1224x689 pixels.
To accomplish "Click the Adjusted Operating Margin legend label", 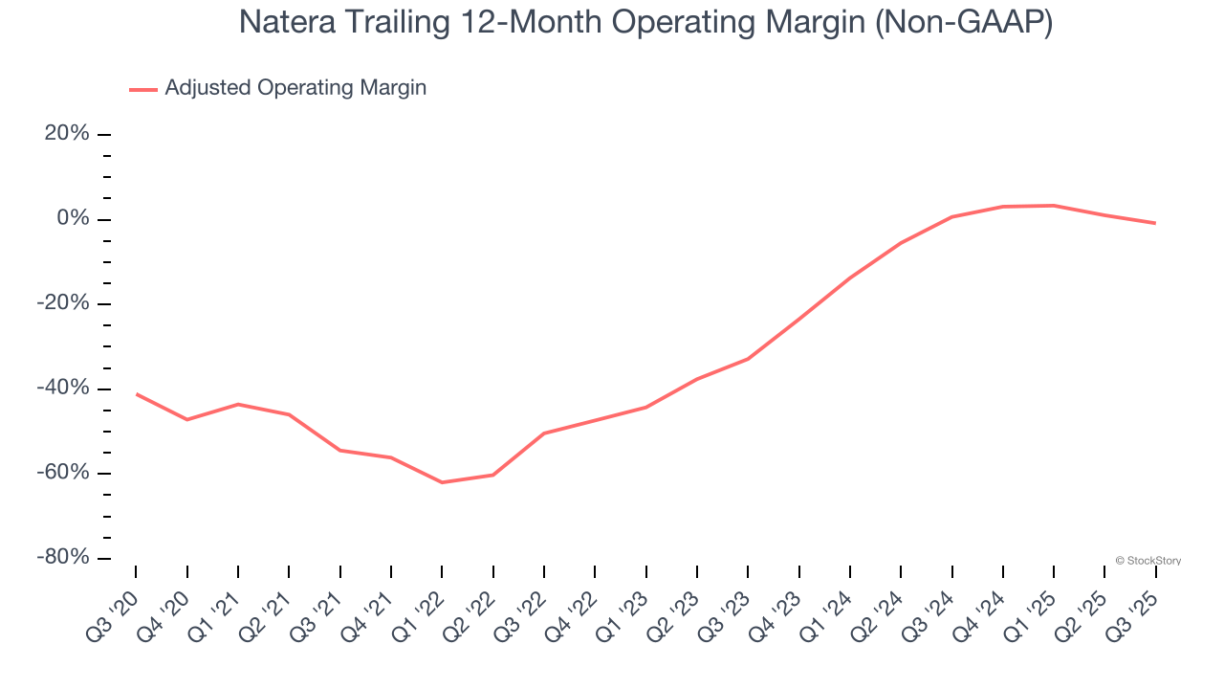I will [295, 88].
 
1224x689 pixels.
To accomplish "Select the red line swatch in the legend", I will [143, 89].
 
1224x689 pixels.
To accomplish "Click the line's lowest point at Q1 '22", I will [442, 482].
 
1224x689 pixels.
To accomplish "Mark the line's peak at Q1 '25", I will [1054, 205].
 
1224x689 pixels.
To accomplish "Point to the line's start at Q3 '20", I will [136, 393].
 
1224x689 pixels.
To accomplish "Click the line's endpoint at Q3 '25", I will [1155, 223].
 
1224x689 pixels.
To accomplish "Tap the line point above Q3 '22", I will [544, 433].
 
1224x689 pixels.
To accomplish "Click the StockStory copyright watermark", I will [1147, 561].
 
